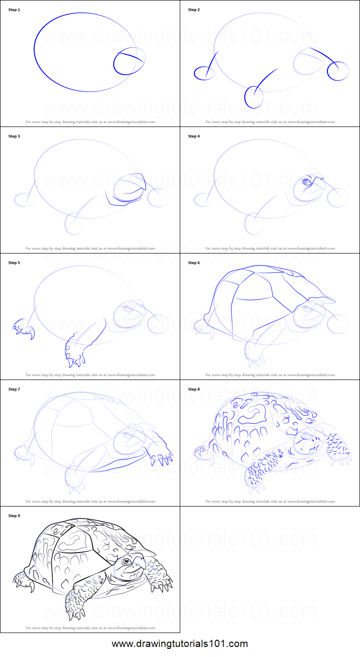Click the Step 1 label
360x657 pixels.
tap(14, 10)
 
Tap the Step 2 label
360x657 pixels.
tap(194, 10)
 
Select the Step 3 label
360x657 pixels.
tap(14, 136)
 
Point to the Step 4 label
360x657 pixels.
tap(194, 136)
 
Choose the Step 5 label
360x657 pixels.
tap(14, 263)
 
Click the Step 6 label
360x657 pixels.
tap(194, 263)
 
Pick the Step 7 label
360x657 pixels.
tap(14, 389)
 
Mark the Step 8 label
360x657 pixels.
tap(194, 389)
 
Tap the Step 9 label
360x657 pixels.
tap(14, 516)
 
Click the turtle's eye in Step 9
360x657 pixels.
tap(127, 561)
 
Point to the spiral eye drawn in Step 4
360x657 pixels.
tap(306, 181)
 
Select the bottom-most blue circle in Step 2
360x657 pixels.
tap(254, 98)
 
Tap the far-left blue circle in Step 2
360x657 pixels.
tap(204, 73)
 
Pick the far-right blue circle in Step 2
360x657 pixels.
tap(338, 71)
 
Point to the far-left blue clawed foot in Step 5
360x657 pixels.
tap(23, 328)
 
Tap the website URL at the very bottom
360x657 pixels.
tap(180, 644)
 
